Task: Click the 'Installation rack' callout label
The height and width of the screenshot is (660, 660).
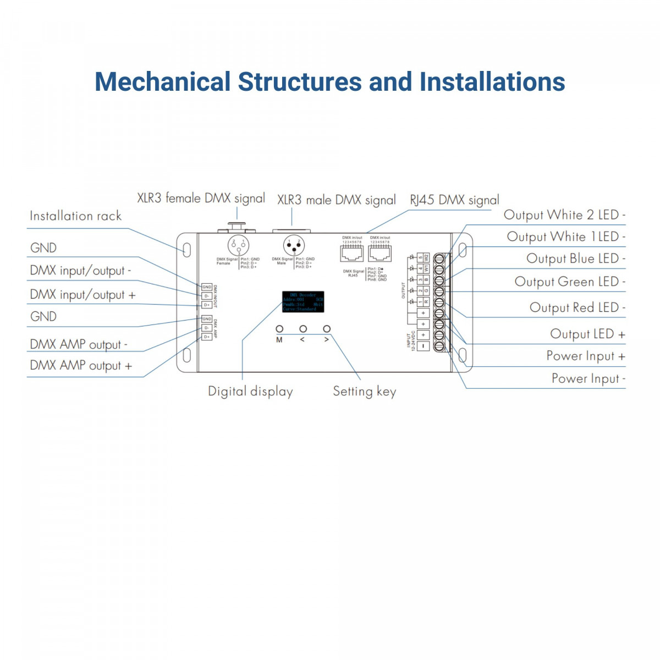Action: [75, 216]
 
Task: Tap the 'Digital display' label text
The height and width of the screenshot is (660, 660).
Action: [250, 392]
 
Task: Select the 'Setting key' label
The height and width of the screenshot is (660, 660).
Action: [364, 392]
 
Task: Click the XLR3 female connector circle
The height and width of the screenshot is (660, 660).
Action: [238, 245]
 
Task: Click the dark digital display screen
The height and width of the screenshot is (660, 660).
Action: [303, 302]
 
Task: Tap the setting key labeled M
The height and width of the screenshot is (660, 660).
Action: [279, 329]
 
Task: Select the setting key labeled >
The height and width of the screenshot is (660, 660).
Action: [327, 329]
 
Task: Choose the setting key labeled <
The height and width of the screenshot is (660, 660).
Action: [303, 329]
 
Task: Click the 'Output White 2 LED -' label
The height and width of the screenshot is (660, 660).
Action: [564, 215]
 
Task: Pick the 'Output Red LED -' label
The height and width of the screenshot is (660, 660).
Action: [577, 307]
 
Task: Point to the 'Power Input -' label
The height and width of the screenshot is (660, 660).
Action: [588, 379]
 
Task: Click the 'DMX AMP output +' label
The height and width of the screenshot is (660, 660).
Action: [81, 366]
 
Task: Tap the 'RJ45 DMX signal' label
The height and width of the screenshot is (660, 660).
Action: [454, 200]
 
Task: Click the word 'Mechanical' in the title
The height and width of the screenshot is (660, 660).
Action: [162, 82]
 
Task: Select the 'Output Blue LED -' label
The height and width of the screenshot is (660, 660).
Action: [575, 258]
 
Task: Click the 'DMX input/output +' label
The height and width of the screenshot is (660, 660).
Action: [82, 295]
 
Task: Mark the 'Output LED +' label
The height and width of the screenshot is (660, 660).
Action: [587, 334]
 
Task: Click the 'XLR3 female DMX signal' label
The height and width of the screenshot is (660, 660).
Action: [201, 198]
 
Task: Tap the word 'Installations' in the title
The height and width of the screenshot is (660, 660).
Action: [492, 82]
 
